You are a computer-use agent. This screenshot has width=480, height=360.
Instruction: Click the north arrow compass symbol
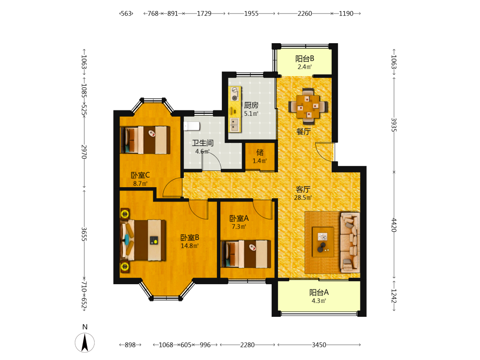[85, 343]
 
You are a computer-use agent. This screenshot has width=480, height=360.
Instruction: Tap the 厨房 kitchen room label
[251, 105]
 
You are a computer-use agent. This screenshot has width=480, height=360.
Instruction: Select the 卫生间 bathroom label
[203, 143]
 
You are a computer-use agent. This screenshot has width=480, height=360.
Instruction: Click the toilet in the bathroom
[192, 126]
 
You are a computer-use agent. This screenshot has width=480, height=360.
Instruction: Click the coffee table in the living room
[323, 242]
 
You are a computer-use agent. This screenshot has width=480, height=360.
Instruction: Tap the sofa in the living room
[350, 242]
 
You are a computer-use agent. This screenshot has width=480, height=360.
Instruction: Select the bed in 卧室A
[246, 254]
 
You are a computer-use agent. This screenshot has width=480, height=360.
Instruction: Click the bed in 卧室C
[145, 140]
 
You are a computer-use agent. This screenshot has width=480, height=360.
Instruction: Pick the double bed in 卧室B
[143, 240]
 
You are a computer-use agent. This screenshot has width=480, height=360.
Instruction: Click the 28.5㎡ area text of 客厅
[303, 198]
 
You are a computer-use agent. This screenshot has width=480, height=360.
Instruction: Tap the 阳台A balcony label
[319, 292]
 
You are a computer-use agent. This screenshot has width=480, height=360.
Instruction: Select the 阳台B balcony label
[305, 59]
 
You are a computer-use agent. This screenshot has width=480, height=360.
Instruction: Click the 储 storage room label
[260, 153]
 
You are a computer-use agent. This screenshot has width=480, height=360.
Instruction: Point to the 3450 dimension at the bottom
[319, 345]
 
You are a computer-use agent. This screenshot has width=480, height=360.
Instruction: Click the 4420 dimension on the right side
[394, 225]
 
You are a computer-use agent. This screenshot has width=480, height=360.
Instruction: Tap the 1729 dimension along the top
[204, 13]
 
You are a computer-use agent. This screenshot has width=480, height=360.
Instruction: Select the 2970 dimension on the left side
[84, 152]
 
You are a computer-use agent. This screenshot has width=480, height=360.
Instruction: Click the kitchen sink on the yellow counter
[235, 125]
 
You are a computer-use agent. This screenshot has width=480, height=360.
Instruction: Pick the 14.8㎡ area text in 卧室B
[190, 246]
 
